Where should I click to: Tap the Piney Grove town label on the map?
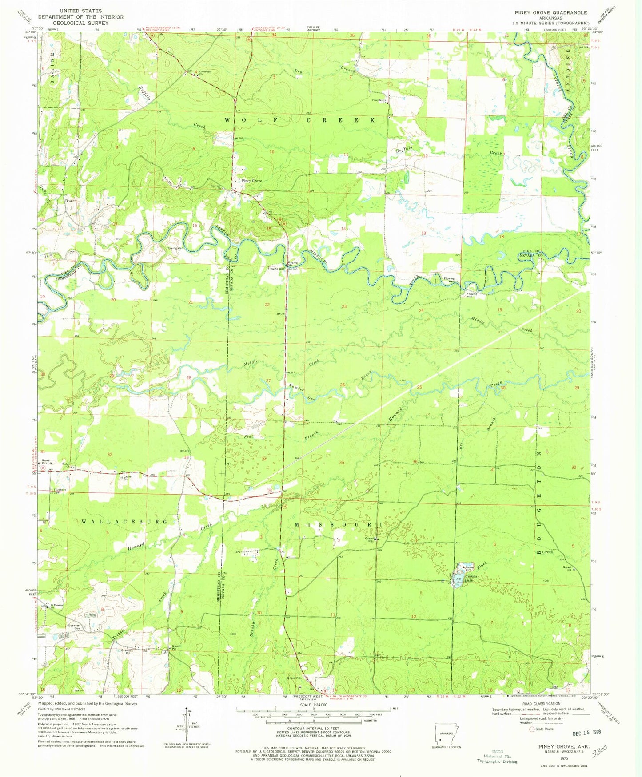tap(251, 181)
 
